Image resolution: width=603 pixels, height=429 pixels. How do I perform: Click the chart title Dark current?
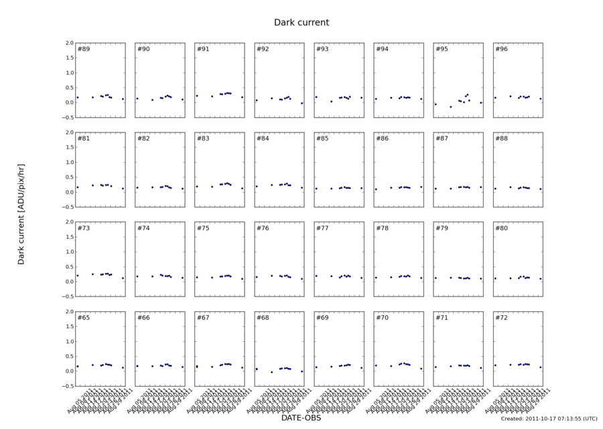click(x=301, y=23)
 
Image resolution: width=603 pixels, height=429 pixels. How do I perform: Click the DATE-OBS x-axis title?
click(x=301, y=418)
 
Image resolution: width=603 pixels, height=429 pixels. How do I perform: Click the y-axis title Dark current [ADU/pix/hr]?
click(x=21, y=215)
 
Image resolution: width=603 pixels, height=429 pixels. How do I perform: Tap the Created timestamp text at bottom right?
click(x=549, y=418)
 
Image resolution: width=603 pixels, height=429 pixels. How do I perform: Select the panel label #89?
click(x=84, y=50)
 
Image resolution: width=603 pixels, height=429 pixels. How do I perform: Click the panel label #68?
click(x=263, y=317)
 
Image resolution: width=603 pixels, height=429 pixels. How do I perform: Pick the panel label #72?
click(x=501, y=317)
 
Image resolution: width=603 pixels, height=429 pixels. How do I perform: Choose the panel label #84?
click(x=263, y=139)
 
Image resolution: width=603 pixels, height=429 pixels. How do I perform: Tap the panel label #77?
click(x=322, y=228)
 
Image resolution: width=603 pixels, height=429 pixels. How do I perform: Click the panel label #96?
click(x=501, y=50)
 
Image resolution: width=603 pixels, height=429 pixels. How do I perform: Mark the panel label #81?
click(x=84, y=139)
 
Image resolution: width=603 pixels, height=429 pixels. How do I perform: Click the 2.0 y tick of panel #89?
click(x=68, y=43)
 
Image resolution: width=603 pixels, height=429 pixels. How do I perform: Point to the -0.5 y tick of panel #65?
click(x=67, y=386)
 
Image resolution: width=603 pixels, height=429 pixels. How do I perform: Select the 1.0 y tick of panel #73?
click(x=68, y=252)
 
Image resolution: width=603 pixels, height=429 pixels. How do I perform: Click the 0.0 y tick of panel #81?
click(x=68, y=192)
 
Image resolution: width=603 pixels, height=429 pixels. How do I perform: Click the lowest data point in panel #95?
click(x=451, y=107)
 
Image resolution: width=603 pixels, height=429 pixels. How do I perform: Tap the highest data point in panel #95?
click(x=467, y=94)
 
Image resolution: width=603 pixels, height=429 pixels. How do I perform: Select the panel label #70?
click(x=382, y=317)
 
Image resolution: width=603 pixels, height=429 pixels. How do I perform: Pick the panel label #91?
click(x=203, y=50)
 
